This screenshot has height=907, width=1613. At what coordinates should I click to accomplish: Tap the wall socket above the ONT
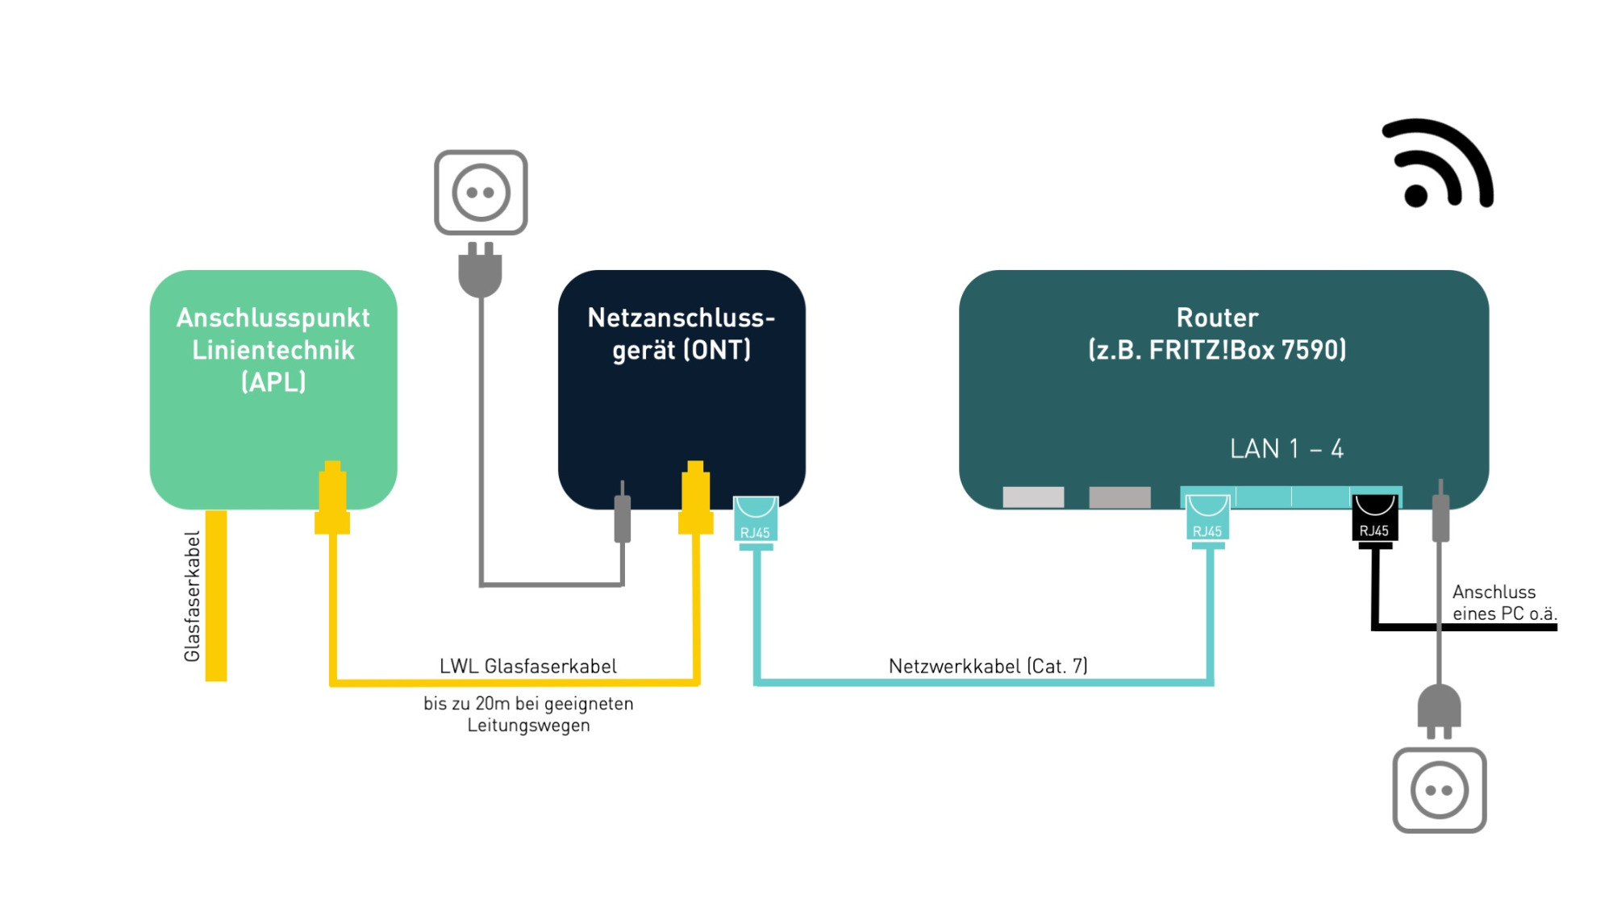(481, 193)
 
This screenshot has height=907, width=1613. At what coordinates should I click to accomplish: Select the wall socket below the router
(1440, 790)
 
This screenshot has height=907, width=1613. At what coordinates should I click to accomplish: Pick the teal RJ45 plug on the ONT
(756, 522)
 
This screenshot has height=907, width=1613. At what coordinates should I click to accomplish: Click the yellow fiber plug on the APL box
(332, 497)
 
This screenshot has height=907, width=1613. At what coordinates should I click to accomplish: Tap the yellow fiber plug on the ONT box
(695, 497)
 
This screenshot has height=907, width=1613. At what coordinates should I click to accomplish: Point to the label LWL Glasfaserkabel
(528, 666)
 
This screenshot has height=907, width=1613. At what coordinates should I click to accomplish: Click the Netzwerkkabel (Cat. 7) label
(988, 666)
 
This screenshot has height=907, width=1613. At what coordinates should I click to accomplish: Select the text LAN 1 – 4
(1286, 448)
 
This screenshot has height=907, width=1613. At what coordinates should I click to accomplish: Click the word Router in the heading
(1217, 318)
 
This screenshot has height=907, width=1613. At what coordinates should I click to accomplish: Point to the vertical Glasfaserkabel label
(192, 597)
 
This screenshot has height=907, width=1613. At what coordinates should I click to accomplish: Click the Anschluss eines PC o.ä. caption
(1504, 602)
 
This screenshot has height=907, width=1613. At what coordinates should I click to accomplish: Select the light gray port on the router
(1033, 497)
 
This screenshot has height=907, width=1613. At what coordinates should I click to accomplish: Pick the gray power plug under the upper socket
(480, 269)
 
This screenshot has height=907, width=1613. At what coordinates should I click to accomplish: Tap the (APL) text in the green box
(273, 382)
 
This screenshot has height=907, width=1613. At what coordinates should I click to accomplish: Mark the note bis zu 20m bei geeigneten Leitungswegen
(528, 714)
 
